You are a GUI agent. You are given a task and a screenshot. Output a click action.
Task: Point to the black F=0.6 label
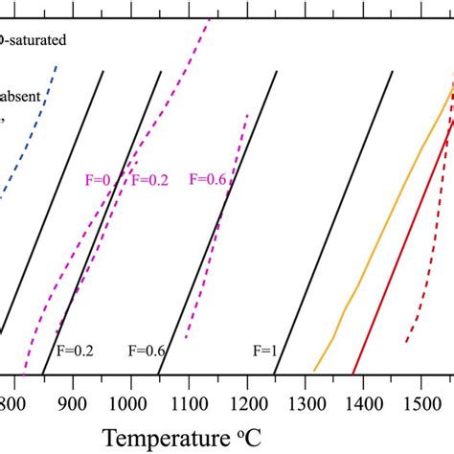click(147, 352)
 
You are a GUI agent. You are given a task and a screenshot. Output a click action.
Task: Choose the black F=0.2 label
click(76, 352)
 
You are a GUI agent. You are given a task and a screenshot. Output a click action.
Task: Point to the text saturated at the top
click(34, 41)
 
